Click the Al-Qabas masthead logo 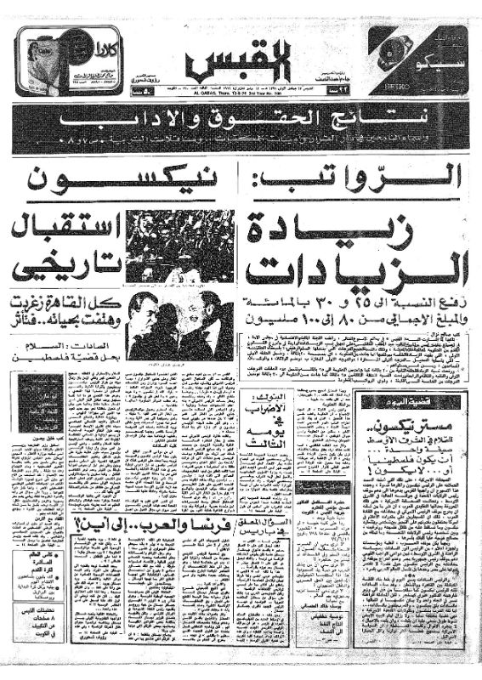click(x=240, y=59)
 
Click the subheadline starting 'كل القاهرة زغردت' click(x=62, y=310)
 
